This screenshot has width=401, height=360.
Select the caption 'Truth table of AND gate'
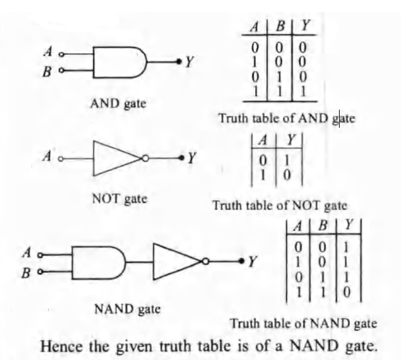click(x=286, y=119)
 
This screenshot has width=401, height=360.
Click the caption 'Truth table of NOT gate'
click(x=280, y=206)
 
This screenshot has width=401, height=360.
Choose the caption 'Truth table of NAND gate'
click(x=303, y=323)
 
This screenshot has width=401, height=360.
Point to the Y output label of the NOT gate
click(x=192, y=159)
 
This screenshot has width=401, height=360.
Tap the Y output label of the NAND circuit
click(x=253, y=261)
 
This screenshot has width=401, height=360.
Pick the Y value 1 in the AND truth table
click(x=302, y=91)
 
